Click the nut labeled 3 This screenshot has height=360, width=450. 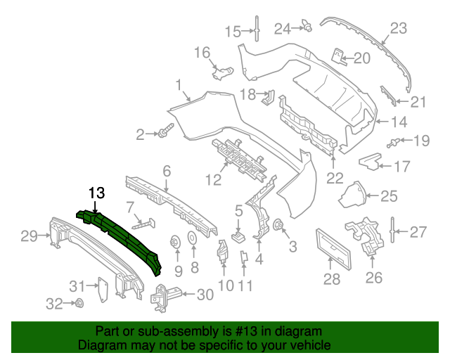(x=278, y=226)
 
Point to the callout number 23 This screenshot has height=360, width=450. (x=399, y=29)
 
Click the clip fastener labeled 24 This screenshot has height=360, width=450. (x=307, y=27)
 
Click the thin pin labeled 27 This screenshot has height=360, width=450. (x=392, y=230)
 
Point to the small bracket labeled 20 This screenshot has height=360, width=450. (x=338, y=56)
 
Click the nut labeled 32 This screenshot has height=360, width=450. (x=79, y=304)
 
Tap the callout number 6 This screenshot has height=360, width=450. (x=167, y=170)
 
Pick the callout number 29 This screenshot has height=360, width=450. (x=28, y=236)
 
